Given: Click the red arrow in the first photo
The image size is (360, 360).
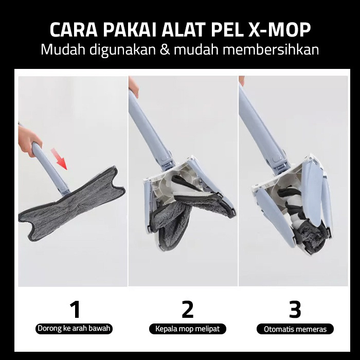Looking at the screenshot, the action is tap(59, 159).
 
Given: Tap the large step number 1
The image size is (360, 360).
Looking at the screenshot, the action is tap(75, 309).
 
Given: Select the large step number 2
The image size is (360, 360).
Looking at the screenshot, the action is tap(187, 309).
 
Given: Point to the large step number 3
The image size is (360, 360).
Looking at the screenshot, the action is tap(295, 309).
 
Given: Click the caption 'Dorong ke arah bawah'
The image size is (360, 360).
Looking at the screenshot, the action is tap(74, 329).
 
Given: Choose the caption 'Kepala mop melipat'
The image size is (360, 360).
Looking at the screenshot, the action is tap(188, 329).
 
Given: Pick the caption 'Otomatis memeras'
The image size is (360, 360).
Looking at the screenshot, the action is tap(295, 329).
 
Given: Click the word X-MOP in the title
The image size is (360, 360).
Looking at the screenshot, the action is tap(279, 30).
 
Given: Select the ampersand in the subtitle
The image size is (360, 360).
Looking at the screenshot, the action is tap(165, 49).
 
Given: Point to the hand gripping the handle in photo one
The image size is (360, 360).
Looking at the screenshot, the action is tap(28, 140).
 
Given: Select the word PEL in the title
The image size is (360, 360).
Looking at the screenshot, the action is tap(227, 30).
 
